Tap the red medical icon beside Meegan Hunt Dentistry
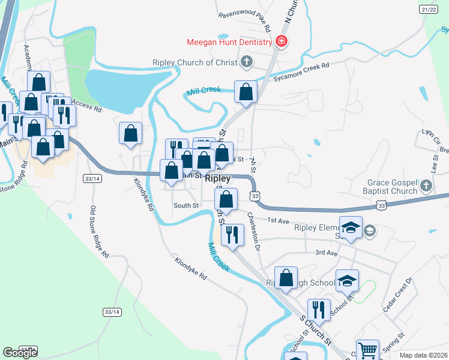tap(280, 41)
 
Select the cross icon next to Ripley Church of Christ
tap(246, 62)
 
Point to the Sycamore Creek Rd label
tap(301, 72)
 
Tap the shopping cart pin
tap(367, 350)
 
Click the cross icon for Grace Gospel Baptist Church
tap(426, 185)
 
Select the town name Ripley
tap(217, 179)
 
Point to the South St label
tap(185, 206)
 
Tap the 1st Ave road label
tap(279, 220)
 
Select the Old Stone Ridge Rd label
tap(99, 232)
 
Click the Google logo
tap(20, 353)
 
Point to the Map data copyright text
tap(423, 355)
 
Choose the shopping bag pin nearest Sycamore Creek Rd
tap(246, 92)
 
